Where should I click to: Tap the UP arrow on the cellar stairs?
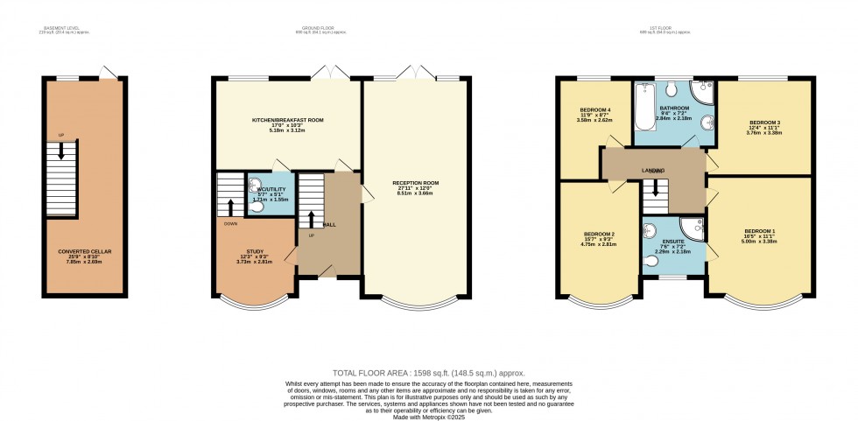click(60, 149)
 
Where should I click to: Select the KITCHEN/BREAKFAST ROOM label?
click(277, 119)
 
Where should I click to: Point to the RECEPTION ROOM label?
click(416, 184)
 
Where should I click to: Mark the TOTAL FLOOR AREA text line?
click(428, 372)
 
